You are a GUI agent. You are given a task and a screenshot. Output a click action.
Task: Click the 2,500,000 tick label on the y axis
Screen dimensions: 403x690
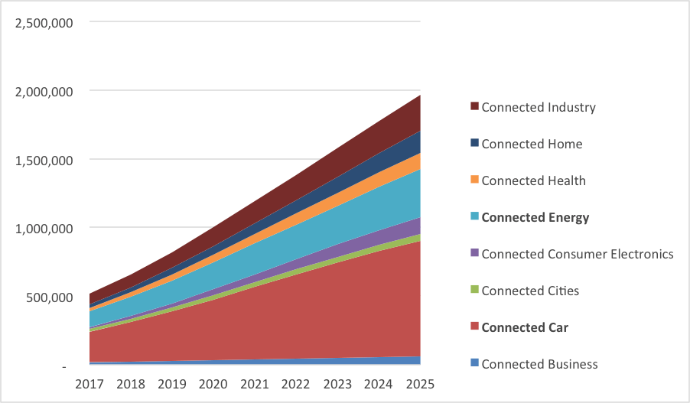coord(44,22)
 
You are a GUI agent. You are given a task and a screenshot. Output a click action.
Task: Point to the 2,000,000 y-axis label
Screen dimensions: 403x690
coord(44,91)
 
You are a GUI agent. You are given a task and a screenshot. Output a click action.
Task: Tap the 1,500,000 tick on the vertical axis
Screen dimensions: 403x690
coord(44,160)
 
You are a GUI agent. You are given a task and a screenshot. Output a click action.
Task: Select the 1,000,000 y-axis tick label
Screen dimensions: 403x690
coord(44,228)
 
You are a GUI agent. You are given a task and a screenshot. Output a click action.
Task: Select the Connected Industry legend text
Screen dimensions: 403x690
coord(538,107)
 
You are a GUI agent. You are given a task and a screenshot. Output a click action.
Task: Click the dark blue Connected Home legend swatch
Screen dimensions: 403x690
coord(474,144)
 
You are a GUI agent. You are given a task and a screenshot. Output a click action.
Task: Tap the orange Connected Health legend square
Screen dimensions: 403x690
coord(474,180)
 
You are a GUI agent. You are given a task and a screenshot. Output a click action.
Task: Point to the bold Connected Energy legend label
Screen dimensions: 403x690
coord(535,217)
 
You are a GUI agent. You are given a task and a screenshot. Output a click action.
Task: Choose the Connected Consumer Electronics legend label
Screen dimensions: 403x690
coord(577,254)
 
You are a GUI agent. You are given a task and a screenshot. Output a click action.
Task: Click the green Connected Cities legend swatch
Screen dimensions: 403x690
coord(474,291)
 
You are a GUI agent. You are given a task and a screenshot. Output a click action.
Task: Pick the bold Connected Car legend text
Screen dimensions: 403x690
coord(524,327)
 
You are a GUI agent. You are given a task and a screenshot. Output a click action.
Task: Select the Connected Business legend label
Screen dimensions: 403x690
coord(539,364)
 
